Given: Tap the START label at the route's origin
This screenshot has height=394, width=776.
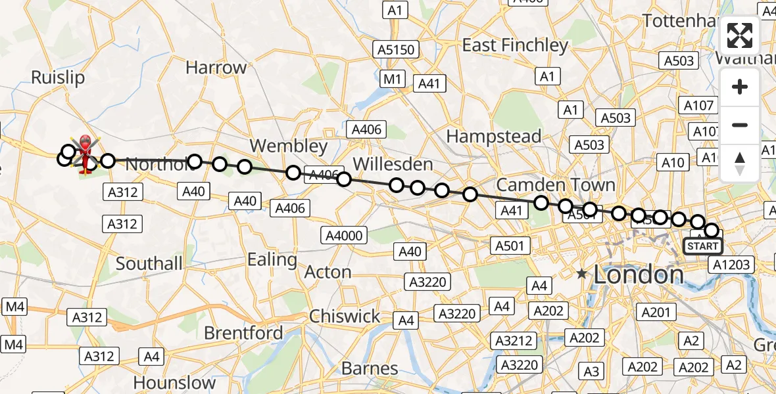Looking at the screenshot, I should click(x=702, y=246).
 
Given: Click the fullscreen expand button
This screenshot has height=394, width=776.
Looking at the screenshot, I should click(x=740, y=35).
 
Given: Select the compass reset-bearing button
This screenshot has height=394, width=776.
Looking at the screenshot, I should click(x=740, y=163).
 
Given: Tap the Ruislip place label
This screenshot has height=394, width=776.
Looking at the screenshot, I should click(x=58, y=77).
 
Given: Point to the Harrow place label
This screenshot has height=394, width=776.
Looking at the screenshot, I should click(x=216, y=67).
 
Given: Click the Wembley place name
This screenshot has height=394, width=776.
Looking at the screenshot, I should click(x=289, y=146).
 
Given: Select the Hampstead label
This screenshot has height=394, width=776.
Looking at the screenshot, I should click(x=494, y=137).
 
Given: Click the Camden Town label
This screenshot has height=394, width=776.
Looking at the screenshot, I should click(x=556, y=185).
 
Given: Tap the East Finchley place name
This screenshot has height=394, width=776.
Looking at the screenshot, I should click(x=515, y=45).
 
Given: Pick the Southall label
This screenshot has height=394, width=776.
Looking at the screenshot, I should click(x=149, y=263).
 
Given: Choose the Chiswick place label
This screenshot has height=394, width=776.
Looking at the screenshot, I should click(x=345, y=316).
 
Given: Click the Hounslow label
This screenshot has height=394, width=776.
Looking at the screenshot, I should click(x=174, y=382).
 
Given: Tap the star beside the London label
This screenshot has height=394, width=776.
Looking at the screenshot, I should click(x=581, y=273).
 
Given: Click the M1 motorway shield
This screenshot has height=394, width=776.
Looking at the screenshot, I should click(x=393, y=79).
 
